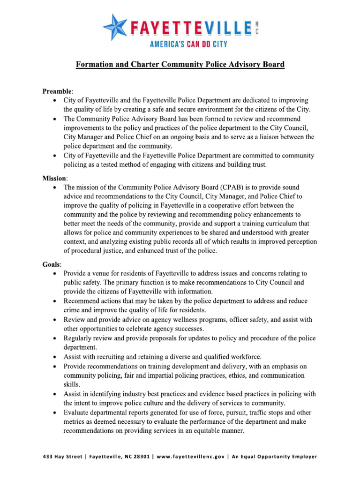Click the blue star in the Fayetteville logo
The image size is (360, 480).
point(115,27)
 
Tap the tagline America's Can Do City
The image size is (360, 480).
point(188,45)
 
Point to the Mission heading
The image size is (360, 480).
point(55,179)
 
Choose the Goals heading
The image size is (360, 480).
point(52,264)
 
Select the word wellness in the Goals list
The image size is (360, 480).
point(185,320)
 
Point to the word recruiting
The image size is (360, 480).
point(112,357)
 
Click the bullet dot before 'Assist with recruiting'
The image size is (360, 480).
point(56,357)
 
